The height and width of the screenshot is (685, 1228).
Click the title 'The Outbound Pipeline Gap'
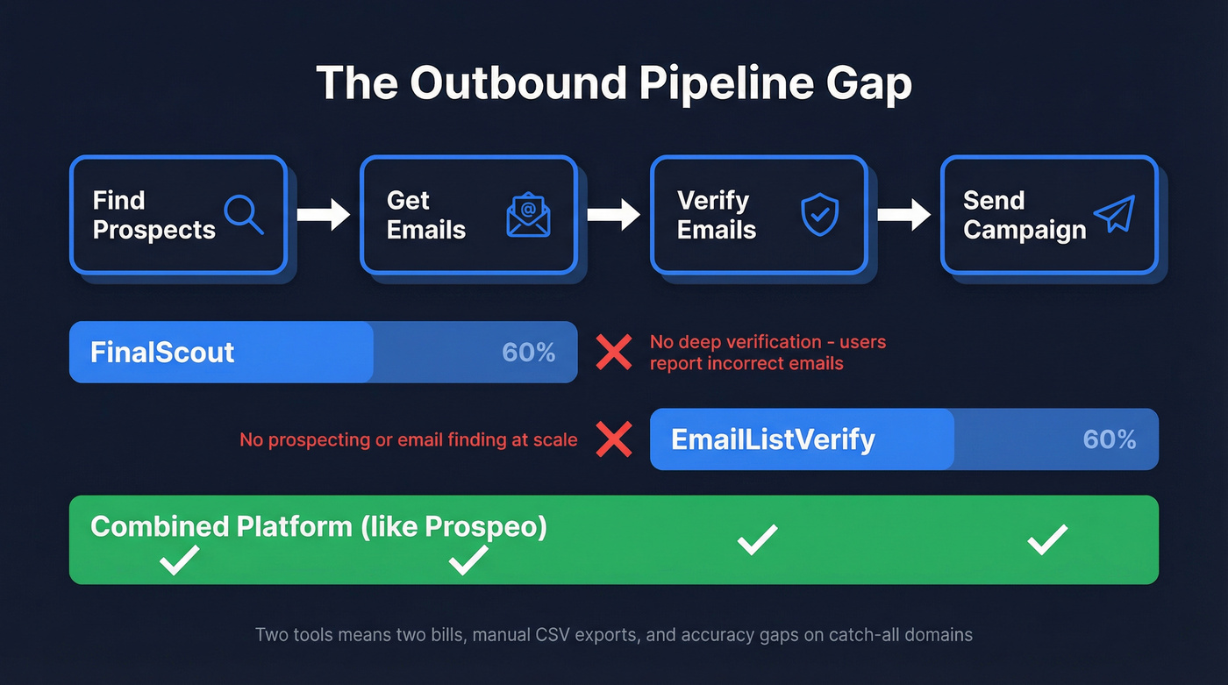coord(613,84)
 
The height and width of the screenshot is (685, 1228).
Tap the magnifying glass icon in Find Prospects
coord(243,214)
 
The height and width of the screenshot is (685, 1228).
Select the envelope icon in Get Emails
coord(528,215)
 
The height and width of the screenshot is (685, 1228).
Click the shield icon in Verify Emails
coord(819,215)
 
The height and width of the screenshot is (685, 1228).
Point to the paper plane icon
coord(1114,214)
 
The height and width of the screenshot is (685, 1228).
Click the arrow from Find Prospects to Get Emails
coord(323,215)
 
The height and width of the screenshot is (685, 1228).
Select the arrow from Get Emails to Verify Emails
coord(613,215)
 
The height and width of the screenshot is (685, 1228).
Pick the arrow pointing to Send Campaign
coord(903,215)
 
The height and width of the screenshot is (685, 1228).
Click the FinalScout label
coord(162,353)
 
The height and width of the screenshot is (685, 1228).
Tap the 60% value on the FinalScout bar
coord(528,353)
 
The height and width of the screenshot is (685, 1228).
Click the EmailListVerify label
coord(773,439)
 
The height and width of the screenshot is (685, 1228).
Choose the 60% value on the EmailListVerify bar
coord(1110,439)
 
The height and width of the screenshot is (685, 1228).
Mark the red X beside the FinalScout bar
coord(614,352)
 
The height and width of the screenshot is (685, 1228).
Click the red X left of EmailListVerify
coord(614,439)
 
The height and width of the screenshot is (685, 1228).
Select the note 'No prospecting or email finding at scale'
coord(408,439)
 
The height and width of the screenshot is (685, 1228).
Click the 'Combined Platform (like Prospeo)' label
coord(318,526)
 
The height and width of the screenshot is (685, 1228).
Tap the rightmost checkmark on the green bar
coord(1047,539)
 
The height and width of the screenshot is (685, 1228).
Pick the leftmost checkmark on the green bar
coord(179,560)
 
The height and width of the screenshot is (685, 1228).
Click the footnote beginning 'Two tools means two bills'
coord(613,634)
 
